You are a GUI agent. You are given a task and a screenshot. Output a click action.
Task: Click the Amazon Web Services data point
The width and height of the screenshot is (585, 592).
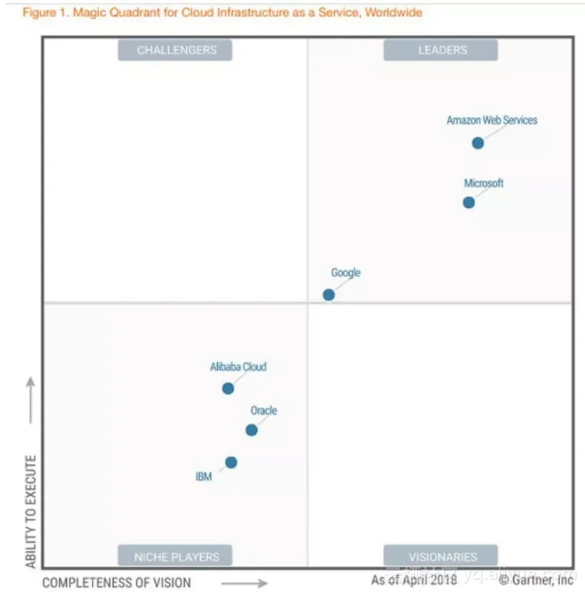pyautogui.click(x=478, y=143)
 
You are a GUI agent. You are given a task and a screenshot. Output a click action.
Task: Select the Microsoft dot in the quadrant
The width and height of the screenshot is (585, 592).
pyautogui.click(x=468, y=202)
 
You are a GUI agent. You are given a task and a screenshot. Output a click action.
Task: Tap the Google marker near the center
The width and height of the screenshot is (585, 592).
pyautogui.click(x=329, y=294)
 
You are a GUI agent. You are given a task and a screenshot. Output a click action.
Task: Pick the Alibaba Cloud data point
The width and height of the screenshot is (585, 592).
pyautogui.click(x=228, y=388)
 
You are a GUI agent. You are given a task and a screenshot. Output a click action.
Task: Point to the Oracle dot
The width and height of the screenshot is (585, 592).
pyautogui.click(x=251, y=430)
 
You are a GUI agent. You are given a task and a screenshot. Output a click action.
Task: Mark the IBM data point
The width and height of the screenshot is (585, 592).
pyautogui.click(x=231, y=462)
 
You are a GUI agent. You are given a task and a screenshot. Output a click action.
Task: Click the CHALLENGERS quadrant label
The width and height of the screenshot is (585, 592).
pyautogui.click(x=175, y=50)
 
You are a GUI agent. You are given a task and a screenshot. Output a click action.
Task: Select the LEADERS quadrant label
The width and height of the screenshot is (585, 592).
pyautogui.click(x=441, y=50)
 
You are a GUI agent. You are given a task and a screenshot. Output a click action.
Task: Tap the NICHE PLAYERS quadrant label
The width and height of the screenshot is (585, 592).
pyautogui.click(x=175, y=556)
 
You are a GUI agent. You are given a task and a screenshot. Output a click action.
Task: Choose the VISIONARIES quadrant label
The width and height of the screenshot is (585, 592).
pyautogui.click(x=441, y=556)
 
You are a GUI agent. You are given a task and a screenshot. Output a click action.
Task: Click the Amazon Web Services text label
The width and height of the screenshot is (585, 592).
pyautogui.click(x=492, y=120)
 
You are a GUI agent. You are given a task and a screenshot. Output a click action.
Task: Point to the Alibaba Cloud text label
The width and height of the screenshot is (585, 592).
pyautogui.click(x=238, y=367)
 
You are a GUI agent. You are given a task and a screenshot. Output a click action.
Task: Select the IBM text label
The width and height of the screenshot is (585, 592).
pyautogui.click(x=204, y=477)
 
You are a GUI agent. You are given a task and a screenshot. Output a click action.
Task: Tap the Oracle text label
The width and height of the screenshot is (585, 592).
pyautogui.click(x=263, y=411)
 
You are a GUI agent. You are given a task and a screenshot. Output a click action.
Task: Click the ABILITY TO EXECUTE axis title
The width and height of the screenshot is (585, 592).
pyautogui.click(x=31, y=511)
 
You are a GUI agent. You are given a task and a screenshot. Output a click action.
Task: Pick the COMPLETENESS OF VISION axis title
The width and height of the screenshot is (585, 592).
pyautogui.click(x=117, y=582)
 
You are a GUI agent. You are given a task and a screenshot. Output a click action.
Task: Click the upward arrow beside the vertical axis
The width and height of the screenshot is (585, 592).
pyautogui.click(x=31, y=400)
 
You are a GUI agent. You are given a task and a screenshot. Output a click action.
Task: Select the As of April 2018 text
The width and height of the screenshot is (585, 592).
pyautogui.click(x=413, y=580)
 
